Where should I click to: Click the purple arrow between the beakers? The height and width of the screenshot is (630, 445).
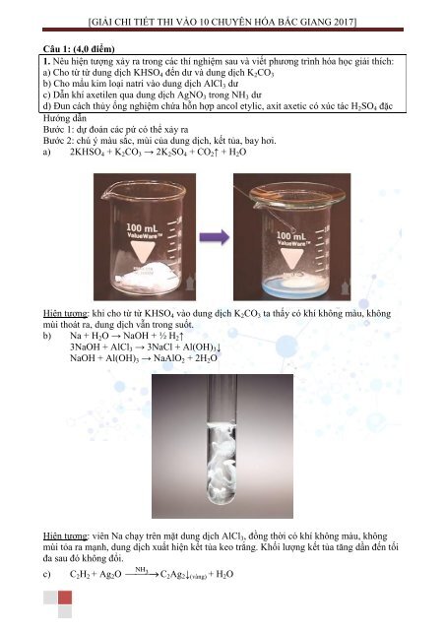coord(215,236)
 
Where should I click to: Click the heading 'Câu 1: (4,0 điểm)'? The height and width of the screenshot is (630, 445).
coord(79,49)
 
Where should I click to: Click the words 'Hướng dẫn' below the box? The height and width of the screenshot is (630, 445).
coord(65,118)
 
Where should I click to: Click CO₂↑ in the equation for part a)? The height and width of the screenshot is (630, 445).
coord(207,153)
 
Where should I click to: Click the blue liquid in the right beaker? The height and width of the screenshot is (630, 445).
coord(292,286)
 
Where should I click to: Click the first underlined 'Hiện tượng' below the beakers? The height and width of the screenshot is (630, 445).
coord(66,314)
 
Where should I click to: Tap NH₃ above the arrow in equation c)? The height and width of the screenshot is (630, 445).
coord(142,570)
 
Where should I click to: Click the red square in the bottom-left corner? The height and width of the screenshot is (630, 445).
coord(65,598)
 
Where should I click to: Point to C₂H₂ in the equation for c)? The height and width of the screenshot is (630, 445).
coord(79,575)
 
